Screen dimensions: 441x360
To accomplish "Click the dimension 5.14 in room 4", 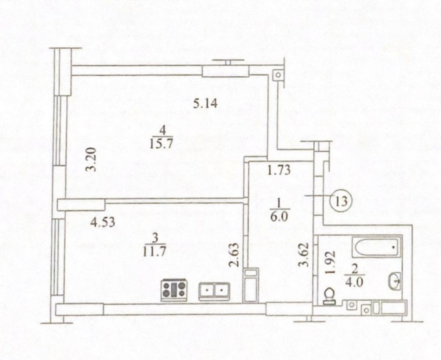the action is (206, 103).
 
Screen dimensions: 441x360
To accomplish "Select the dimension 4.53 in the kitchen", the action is (103, 222).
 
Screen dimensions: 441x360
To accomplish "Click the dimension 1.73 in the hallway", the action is (279, 170).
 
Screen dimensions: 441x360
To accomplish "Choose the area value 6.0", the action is (278, 217).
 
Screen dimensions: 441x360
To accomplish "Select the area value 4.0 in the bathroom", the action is (355, 281).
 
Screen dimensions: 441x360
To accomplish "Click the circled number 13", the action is (341, 201).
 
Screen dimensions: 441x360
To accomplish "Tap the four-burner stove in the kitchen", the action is (174, 290).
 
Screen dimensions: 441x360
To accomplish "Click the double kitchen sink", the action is (214, 291).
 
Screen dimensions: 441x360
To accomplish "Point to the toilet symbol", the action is (329, 296).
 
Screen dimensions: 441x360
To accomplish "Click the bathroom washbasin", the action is (395, 281).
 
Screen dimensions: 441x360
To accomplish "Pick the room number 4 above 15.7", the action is (162, 131).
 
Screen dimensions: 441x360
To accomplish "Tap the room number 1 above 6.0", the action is (278, 203).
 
